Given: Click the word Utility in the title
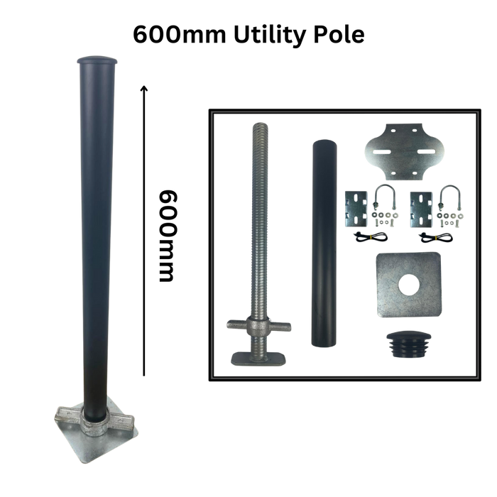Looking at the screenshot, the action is (x=271, y=35).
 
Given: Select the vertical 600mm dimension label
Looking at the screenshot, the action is (x=167, y=236).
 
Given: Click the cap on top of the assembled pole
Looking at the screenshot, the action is (x=97, y=60).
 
